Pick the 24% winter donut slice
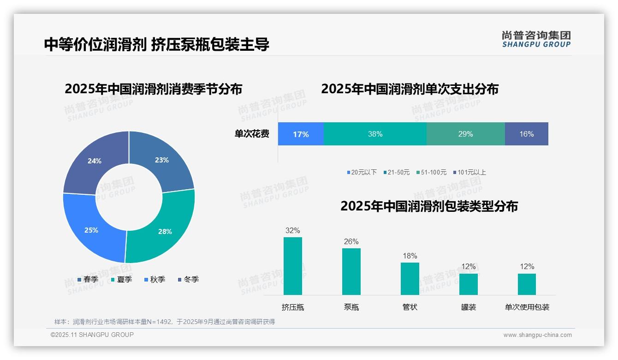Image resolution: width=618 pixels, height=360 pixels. tap(95, 159)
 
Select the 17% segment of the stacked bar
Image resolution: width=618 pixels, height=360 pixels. tap(301, 134)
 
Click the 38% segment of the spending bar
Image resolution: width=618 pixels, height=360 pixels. tap(375, 134)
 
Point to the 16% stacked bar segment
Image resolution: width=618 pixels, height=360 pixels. tap(526, 134)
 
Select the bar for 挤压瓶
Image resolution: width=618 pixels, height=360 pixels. tap(293, 266)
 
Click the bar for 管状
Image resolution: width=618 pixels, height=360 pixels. tap(410, 279)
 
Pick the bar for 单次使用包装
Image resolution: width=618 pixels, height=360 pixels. tap(527, 284)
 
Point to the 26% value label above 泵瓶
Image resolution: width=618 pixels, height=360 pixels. tap(351, 241)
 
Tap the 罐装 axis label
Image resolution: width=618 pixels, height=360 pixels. tap(469, 307)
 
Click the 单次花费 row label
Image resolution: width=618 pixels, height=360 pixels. tap(252, 134)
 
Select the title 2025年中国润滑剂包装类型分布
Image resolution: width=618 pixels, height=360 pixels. tap(429, 206)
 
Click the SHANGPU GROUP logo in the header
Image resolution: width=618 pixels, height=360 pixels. tap(536, 39)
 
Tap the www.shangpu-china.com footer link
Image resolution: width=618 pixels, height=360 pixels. tap(537, 335)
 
